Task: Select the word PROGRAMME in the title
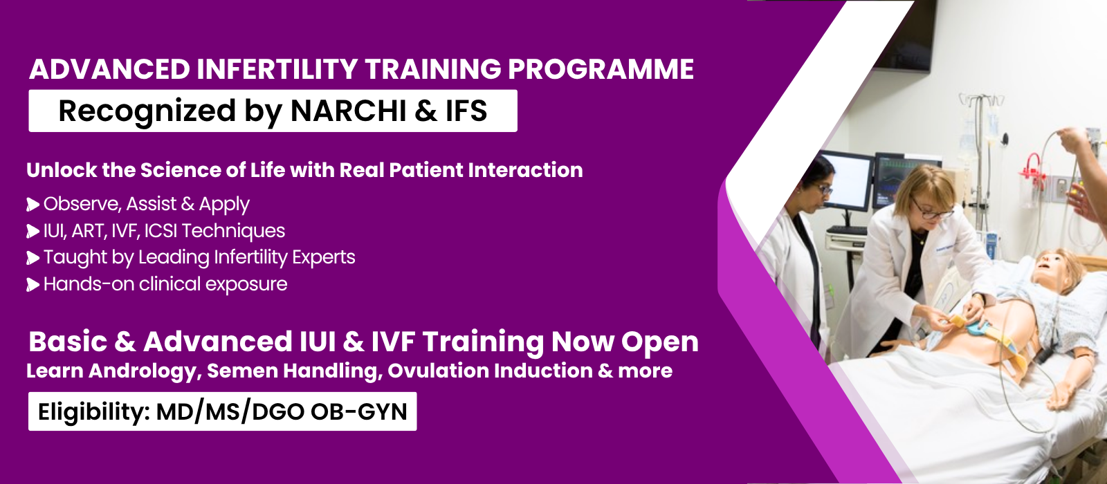point(601,69)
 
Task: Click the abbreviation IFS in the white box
point(466,111)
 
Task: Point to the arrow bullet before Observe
point(33,205)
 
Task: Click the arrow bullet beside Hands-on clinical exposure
point(33,284)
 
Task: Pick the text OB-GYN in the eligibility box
point(359,411)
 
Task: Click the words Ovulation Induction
point(490,371)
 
